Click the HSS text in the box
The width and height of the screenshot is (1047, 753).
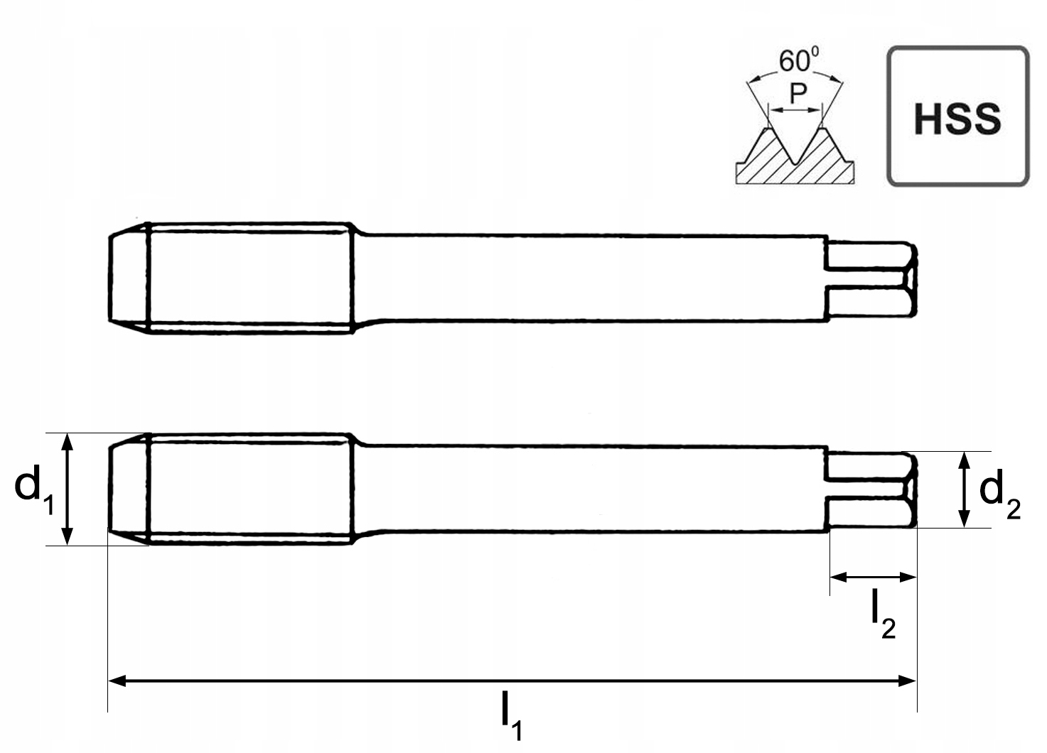[957, 119]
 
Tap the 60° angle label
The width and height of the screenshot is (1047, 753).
[799, 60]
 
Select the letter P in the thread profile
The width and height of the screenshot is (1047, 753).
[798, 94]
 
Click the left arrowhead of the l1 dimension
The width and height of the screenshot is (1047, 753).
[117, 681]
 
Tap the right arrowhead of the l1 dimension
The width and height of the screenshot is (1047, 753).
[907, 681]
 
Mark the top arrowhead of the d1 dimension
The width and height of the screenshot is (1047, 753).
[68, 442]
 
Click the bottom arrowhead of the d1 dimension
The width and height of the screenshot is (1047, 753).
[68, 536]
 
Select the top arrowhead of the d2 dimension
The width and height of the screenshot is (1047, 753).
[964, 460]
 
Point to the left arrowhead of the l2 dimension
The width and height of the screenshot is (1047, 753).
[839, 578]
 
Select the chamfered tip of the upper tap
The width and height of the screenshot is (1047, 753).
[129, 278]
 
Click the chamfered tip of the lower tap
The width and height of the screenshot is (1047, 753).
[129, 489]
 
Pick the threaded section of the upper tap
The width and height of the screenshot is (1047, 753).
[250, 278]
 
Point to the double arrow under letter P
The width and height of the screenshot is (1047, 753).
[795, 110]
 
